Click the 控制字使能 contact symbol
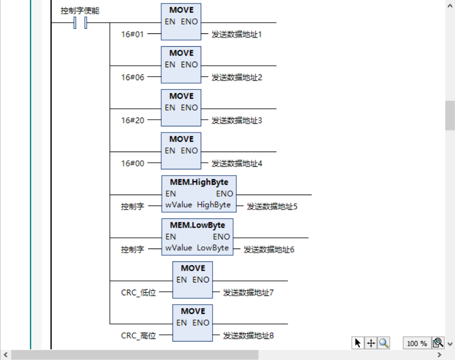tap(80, 23)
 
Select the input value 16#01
tap(132, 34)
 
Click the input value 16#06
tap(132, 78)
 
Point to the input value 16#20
tap(132, 121)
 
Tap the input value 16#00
tap(132, 164)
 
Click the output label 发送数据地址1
tap(237, 34)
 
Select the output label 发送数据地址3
tap(237, 121)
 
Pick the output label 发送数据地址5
tap(272, 206)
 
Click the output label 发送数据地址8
tap(248, 336)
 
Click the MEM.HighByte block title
tap(199, 182)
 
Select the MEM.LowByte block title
tap(197, 225)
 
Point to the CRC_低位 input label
tap(138, 293)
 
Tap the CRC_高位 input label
tap(138, 336)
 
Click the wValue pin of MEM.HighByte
tap(178, 205)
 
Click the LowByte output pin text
tap(213, 248)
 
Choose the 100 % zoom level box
tap(416, 343)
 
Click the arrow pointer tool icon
tap(357, 343)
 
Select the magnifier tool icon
tap(384, 343)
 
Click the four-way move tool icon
tap(370, 343)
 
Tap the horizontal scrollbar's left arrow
tap(6, 355)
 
